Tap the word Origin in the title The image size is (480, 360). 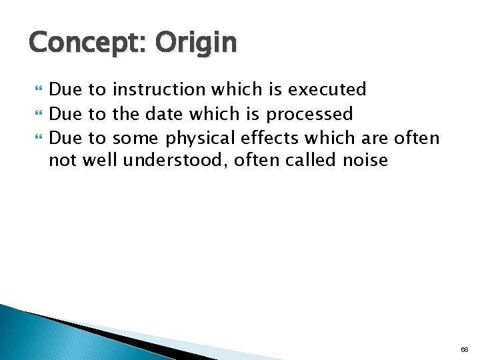(196, 43)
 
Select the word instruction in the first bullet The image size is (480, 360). (159, 89)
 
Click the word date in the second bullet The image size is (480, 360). (163, 114)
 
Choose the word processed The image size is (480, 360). (309, 114)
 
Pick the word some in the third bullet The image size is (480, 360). (136, 138)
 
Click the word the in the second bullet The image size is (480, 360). (125, 114)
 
